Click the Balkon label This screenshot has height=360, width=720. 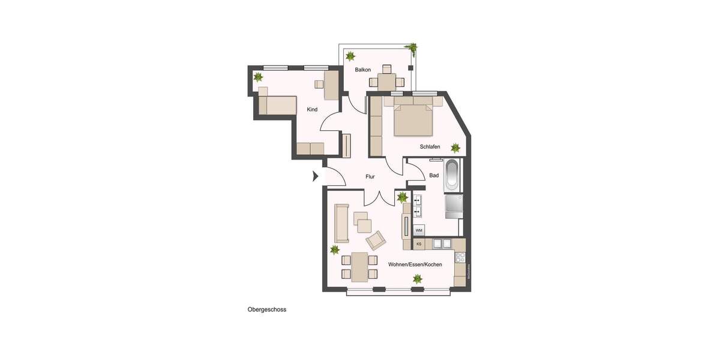point(362,70)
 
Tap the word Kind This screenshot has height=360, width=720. point(312,109)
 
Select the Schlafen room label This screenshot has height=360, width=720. point(430,146)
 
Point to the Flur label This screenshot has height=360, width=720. point(370,176)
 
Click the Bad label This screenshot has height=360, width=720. point(434,175)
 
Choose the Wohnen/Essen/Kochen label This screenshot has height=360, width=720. point(415,264)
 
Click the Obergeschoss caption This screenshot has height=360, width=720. point(267,310)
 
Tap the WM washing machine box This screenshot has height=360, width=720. point(419,230)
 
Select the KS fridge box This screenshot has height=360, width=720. point(419,244)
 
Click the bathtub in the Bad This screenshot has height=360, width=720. point(452,176)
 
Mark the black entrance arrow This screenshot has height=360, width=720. point(315,176)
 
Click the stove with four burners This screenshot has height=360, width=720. point(460,257)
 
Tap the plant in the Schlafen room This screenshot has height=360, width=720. point(455,147)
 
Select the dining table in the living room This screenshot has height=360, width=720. point(359,267)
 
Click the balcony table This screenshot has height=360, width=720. point(386,80)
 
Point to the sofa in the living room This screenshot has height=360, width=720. point(341,223)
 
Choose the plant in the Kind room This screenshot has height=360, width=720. point(258,77)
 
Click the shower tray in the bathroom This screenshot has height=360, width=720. point(453,206)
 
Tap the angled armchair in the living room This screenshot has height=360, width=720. point(376,241)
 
